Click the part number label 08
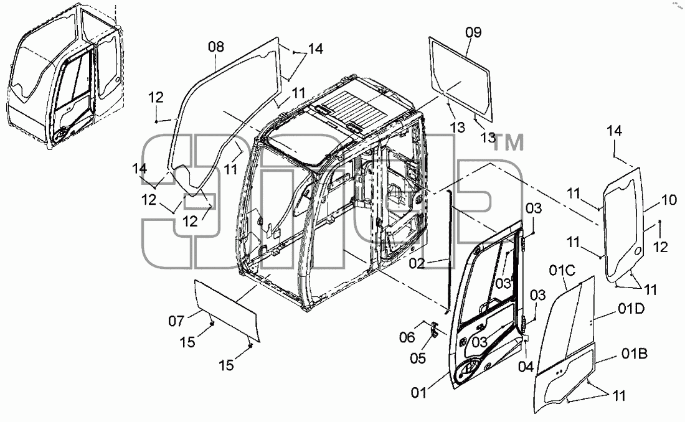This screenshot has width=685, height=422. click(x=216, y=46)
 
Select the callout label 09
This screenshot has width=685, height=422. click(x=473, y=32)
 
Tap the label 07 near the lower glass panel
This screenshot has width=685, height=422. click(x=176, y=321)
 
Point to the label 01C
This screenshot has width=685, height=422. click(x=562, y=271)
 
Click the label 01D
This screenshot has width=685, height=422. click(x=631, y=309)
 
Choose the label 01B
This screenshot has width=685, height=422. click(x=635, y=354)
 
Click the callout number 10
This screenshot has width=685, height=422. click(x=669, y=200)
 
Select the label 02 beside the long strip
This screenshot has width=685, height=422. click(x=417, y=263)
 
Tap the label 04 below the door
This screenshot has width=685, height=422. click(x=526, y=367)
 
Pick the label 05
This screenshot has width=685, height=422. click(x=418, y=359)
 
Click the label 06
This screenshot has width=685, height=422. click(x=407, y=337)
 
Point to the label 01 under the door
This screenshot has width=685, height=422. click(x=418, y=393)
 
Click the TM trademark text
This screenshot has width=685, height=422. click(x=508, y=143)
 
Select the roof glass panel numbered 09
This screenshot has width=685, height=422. click(x=460, y=78)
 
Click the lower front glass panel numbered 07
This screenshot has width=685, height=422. click(x=227, y=311)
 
